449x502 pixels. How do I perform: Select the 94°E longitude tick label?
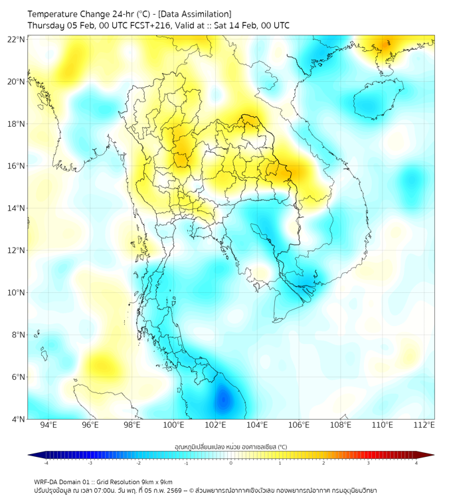tap(48, 425)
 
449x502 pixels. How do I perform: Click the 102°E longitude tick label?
tap(215, 425)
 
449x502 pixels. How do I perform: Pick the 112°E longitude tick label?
tap(424, 425)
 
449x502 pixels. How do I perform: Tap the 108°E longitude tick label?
tap(341, 425)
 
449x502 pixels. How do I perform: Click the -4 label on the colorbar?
tap(46, 463)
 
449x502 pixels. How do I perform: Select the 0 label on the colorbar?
tap(231, 463)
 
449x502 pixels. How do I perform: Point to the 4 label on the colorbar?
tap(416, 463)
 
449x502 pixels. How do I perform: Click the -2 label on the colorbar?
tap(138, 463)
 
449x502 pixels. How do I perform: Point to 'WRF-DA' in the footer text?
tap(47, 481)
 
